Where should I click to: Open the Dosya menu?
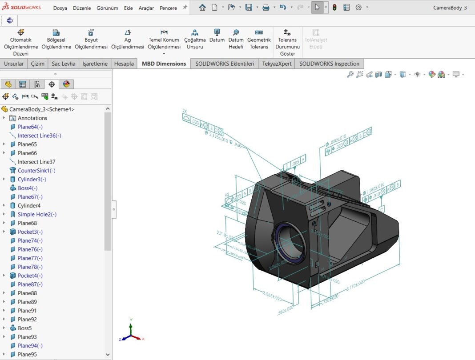(60, 8)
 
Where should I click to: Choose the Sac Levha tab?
(64, 64)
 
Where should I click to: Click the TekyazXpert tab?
(277, 64)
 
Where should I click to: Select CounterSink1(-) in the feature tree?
(36, 171)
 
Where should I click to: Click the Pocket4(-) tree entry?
(30, 276)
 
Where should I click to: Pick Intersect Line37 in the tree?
(36, 162)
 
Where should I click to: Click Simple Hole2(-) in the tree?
(37, 214)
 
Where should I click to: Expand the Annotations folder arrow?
(4, 118)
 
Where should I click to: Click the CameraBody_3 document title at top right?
(450, 8)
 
